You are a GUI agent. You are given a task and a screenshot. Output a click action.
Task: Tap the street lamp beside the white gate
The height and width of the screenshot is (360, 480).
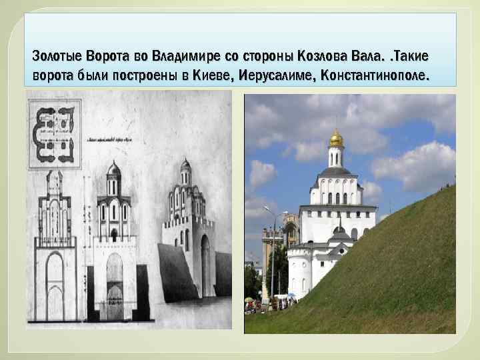coord(272,253)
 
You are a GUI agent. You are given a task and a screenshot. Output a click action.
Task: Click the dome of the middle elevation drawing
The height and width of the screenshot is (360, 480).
coord(114,170)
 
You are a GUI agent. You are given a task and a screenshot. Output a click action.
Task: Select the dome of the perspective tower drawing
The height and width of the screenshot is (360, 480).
coord(185,165)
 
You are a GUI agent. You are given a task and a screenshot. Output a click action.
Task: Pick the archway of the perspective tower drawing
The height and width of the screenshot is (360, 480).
coord(205,263)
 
